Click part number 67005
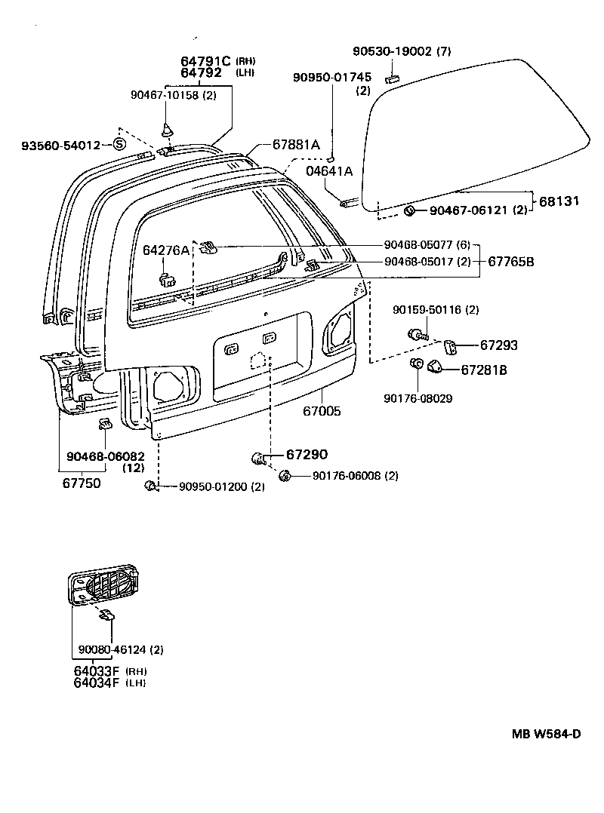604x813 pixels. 322,412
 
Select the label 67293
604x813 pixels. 499,345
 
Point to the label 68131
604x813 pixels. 560,201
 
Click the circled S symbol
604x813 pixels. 120,144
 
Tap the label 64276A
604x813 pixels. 166,250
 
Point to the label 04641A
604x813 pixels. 329,171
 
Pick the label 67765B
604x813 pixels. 511,262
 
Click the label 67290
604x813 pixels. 307,455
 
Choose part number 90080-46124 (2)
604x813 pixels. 121,649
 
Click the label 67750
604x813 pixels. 81,483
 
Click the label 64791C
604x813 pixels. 206,61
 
